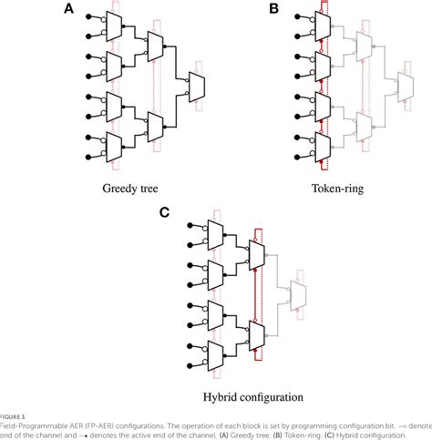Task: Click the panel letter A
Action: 67,8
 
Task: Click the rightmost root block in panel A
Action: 197,85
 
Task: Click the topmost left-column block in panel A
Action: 115,25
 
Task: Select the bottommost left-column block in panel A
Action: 115,144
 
